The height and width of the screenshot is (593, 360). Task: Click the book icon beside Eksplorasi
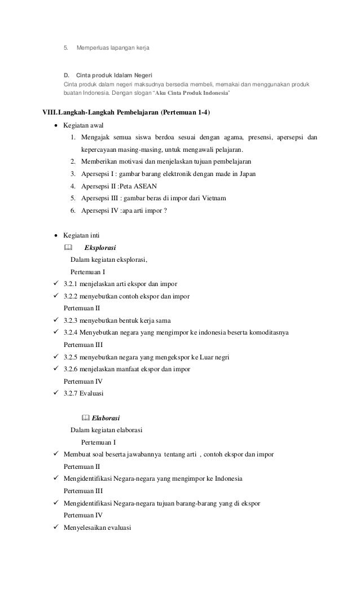point(68,248)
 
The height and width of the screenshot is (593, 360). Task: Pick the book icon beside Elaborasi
point(85,419)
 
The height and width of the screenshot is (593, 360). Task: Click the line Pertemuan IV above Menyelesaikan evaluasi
point(82,515)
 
